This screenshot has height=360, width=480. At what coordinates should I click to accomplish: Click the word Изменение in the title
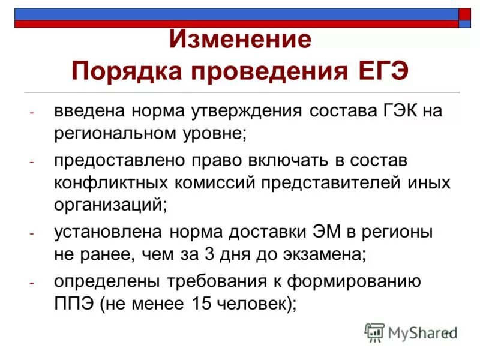[240, 40]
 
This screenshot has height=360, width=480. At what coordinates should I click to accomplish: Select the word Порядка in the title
[123, 73]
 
